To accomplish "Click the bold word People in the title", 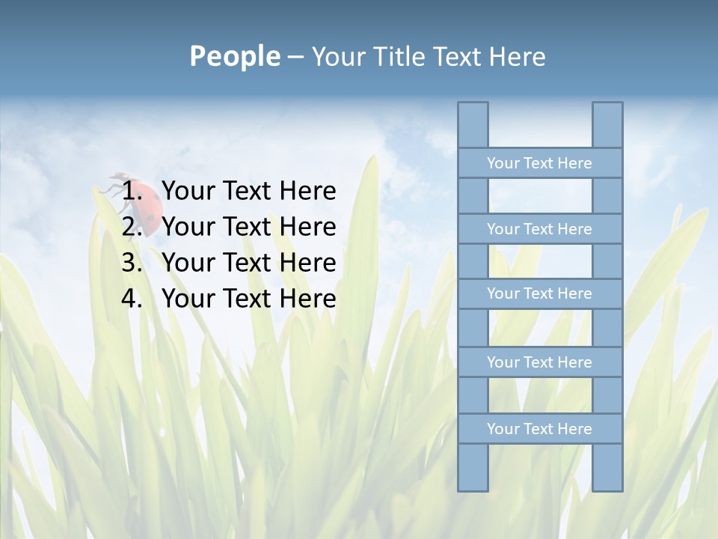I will (x=234, y=56).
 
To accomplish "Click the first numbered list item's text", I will (x=248, y=191).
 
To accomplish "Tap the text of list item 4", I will (x=248, y=299).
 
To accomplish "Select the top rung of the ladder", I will (x=539, y=163).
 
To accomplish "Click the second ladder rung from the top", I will (x=539, y=229).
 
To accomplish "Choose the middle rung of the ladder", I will (x=539, y=293).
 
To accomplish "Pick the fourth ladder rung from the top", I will (x=539, y=362).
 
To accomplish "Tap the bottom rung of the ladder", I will (x=539, y=429).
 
